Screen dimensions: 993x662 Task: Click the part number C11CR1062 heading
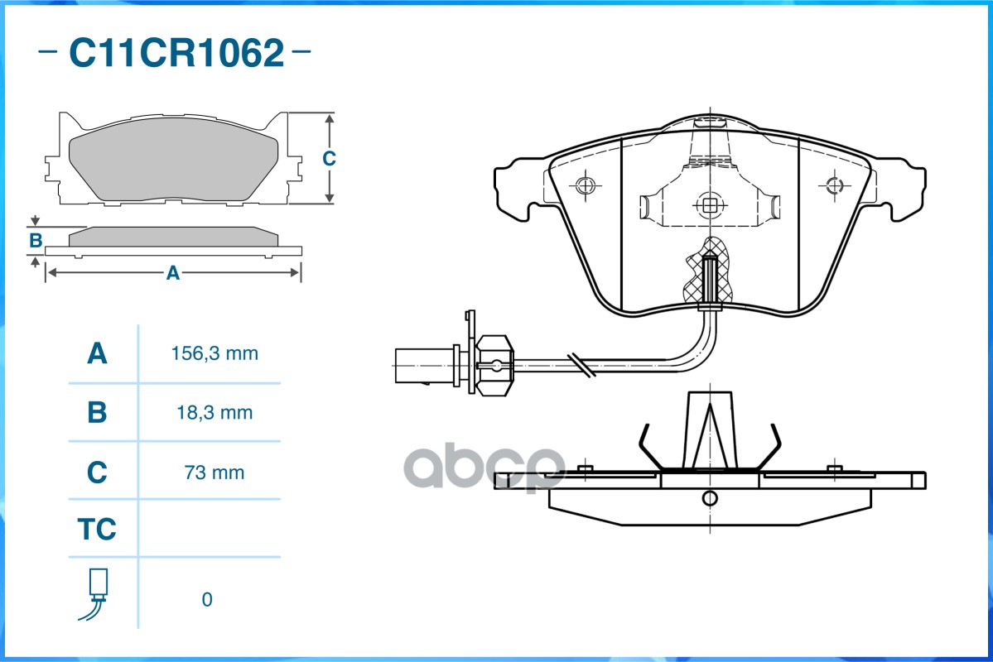(176, 52)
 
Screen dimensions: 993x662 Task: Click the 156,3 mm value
(215, 353)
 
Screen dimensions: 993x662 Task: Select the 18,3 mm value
(215, 413)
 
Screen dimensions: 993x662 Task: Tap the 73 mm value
(214, 473)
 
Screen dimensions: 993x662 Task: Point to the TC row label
(97, 529)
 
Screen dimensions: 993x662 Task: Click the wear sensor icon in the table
(95, 594)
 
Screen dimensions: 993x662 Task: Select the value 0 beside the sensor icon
(207, 599)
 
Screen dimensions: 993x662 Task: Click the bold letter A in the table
(97, 353)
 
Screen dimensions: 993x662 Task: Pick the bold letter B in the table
(97, 413)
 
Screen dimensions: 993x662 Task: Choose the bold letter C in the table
(97, 473)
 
